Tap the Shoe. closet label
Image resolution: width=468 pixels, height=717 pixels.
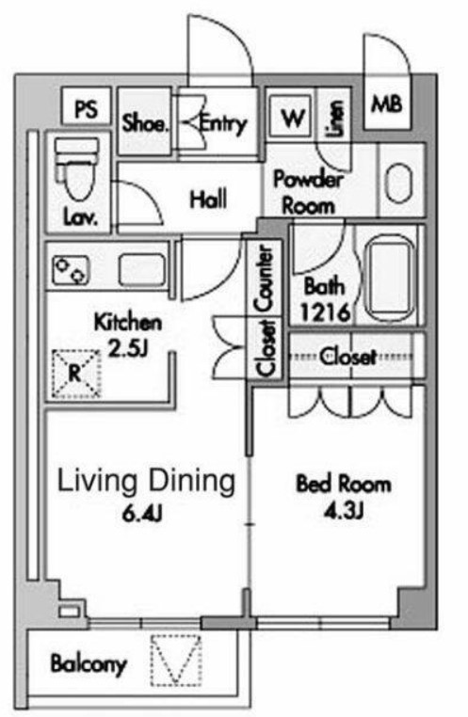(145, 123)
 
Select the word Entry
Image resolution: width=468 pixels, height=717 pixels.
(223, 123)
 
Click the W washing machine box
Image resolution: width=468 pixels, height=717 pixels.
(291, 117)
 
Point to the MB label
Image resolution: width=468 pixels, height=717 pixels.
(387, 104)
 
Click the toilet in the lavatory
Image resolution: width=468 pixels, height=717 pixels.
(77, 169)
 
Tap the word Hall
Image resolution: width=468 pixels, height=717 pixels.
(208, 199)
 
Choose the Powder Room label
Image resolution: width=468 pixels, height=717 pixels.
(308, 192)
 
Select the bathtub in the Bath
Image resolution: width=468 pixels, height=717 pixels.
(389, 277)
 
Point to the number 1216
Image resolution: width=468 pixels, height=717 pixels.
(325, 312)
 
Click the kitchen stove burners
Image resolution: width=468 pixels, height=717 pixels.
(71, 269)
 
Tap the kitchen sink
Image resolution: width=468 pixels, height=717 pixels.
(142, 270)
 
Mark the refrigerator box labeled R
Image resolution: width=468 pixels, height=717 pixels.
(75, 374)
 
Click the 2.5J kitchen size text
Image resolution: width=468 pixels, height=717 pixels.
(128, 349)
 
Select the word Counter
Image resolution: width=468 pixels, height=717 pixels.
(265, 279)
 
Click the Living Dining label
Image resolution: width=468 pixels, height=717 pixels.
(146, 482)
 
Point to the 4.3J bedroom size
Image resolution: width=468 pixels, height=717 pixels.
(344, 511)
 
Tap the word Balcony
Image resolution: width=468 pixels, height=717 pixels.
(89, 664)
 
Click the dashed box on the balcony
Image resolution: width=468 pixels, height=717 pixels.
(176, 660)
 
